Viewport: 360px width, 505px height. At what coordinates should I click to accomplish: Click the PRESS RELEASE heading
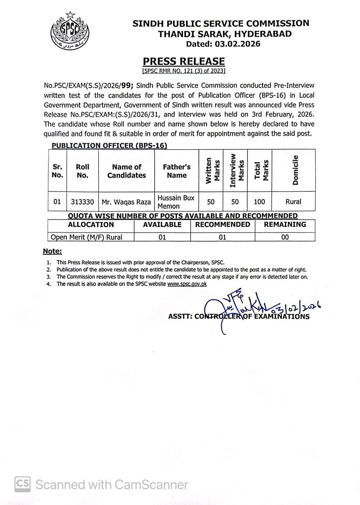click(x=184, y=61)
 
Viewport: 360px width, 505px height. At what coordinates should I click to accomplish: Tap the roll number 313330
click(x=82, y=202)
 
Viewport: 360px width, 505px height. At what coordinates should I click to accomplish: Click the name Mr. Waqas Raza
click(x=126, y=202)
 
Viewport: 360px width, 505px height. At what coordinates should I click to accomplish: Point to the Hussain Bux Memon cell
click(x=176, y=202)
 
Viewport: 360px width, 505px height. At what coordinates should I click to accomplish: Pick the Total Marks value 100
click(x=259, y=202)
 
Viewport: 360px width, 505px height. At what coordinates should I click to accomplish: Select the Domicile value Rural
click(x=293, y=202)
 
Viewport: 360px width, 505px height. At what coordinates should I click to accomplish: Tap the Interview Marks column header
click(x=235, y=170)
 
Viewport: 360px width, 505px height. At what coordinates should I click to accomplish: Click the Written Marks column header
click(x=211, y=170)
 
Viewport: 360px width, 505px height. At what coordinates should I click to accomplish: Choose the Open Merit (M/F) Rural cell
click(x=86, y=237)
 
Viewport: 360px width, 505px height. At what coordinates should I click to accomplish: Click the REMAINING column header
click(x=285, y=224)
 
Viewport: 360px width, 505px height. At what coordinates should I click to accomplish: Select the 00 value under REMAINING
click(x=285, y=237)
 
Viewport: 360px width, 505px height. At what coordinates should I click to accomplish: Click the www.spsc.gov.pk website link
click(x=187, y=284)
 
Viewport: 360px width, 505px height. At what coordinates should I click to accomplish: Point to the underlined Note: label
click(x=52, y=251)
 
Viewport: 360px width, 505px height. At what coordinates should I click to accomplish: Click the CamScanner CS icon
click(x=23, y=484)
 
